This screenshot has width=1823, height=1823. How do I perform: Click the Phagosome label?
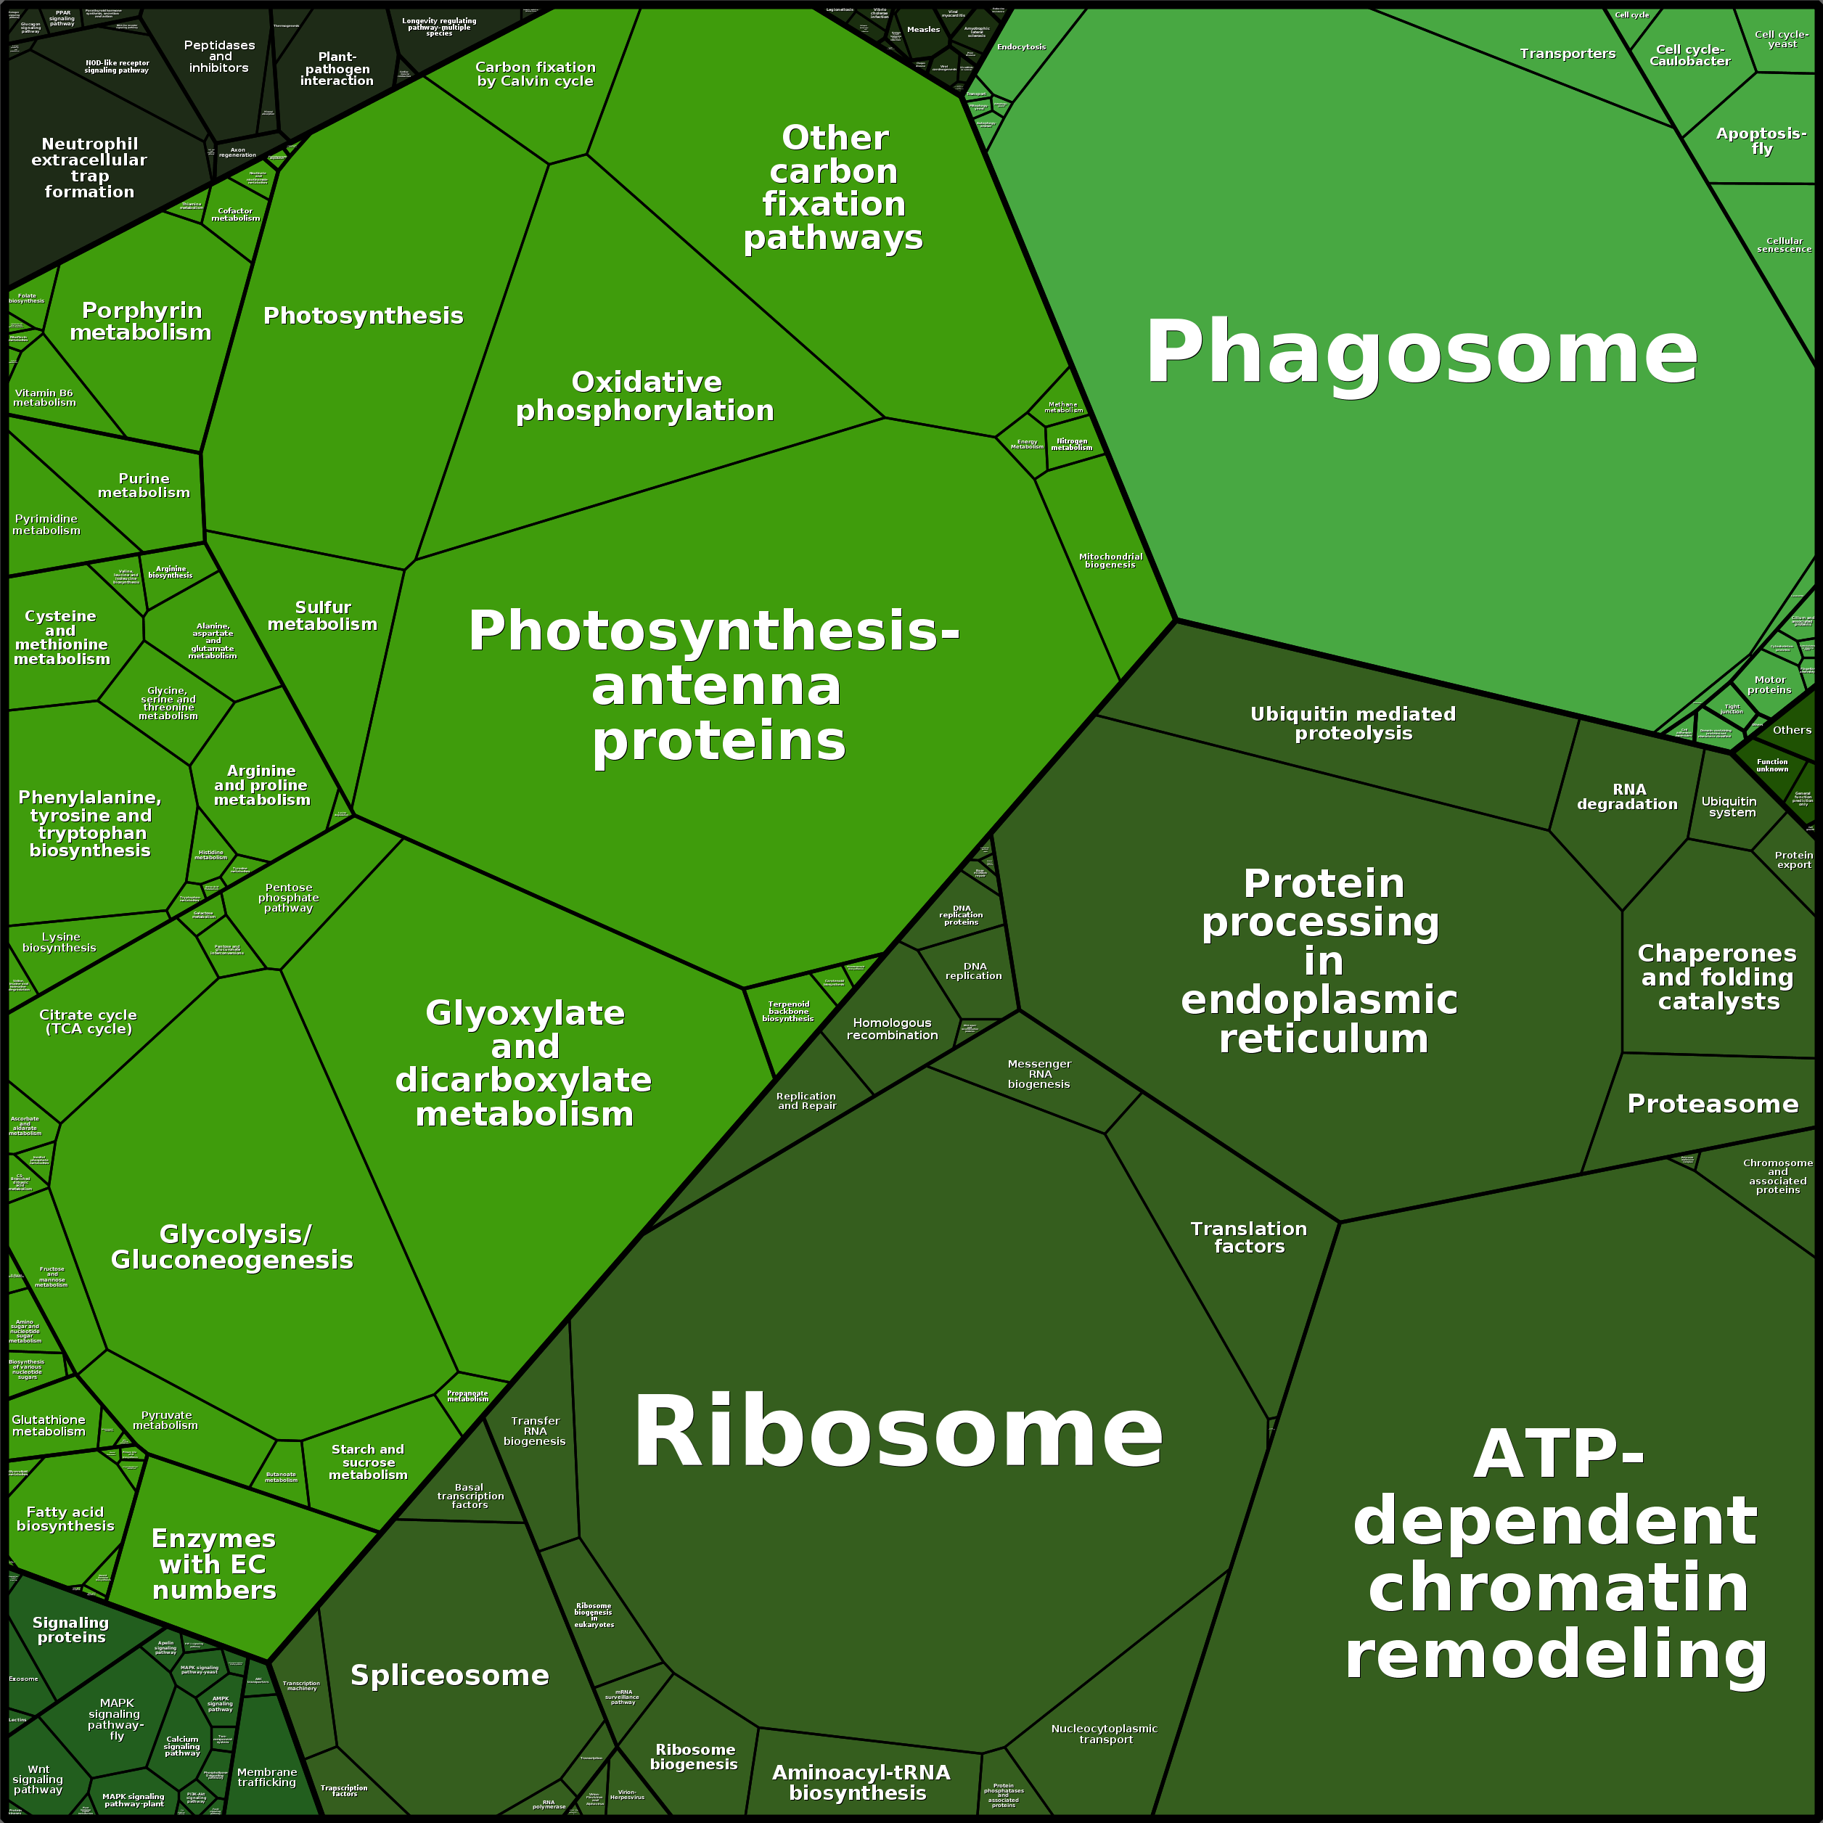tap(1421, 352)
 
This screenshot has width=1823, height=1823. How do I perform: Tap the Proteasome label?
tap(1713, 1103)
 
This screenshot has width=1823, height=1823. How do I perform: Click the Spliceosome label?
tap(449, 1675)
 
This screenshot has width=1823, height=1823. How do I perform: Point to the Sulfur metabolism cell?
tap(321, 615)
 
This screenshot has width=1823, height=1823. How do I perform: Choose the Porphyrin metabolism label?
tap(141, 321)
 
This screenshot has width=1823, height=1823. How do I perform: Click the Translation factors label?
tap(1248, 1237)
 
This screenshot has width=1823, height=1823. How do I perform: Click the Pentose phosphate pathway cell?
tap(288, 897)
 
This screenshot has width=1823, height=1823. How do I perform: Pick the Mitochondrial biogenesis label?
tap(1110, 560)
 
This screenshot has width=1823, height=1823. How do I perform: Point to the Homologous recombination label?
tap(892, 1028)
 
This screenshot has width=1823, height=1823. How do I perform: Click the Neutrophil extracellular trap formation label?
tap(90, 167)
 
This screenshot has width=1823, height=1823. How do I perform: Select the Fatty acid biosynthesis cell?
tap(65, 1518)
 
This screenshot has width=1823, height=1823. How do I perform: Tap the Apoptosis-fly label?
tap(1761, 141)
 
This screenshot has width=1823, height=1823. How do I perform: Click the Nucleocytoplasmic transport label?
tap(1104, 1733)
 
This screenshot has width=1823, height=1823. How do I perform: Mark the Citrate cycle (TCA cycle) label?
tap(89, 1021)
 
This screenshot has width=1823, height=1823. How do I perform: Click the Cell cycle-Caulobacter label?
tap(1690, 54)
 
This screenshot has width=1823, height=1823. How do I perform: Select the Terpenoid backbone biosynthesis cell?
tap(788, 1012)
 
